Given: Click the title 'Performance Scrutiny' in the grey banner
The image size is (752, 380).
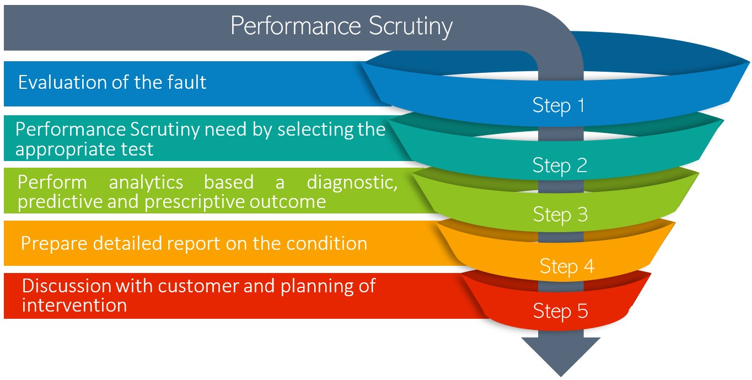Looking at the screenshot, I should (341, 26).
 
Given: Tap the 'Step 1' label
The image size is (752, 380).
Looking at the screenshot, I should (558, 105).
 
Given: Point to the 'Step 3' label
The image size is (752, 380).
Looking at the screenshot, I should (560, 215).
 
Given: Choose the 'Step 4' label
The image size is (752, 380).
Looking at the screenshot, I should (567, 266).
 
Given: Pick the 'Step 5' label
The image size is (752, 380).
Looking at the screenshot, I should (560, 311).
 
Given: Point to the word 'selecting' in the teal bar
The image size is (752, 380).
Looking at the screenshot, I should (311, 130).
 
